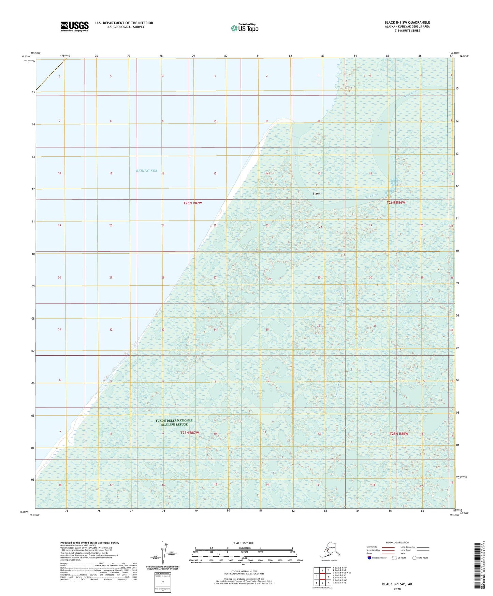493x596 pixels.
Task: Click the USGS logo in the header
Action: [x=74, y=26]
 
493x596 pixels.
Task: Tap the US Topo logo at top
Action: [x=244, y=28]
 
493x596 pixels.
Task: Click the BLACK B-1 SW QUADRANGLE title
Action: [x=407, y=23]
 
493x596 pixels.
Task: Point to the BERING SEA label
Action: [x=147, y=171]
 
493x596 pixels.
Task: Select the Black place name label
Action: [x=316, y=194]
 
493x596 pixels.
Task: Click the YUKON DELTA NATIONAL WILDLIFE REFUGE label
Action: [x=174, y=422]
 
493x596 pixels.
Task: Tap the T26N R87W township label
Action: [x=192, y=203]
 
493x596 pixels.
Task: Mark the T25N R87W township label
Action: [x=189, y=433]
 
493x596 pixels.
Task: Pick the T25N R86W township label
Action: [x=399, y=434]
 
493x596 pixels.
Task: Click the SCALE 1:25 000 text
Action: [x=243, y=543]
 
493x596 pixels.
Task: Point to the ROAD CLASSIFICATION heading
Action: [x=397, y=542]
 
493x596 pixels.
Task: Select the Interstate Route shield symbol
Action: [x=369, y=558]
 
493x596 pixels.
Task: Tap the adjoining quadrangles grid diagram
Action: [x=322, y=576]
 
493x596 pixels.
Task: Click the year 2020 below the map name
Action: [x=397, y=589]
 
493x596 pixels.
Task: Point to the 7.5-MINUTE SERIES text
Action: [x=407, y=31]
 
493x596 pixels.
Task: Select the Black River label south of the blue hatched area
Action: [x=371, y=196]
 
